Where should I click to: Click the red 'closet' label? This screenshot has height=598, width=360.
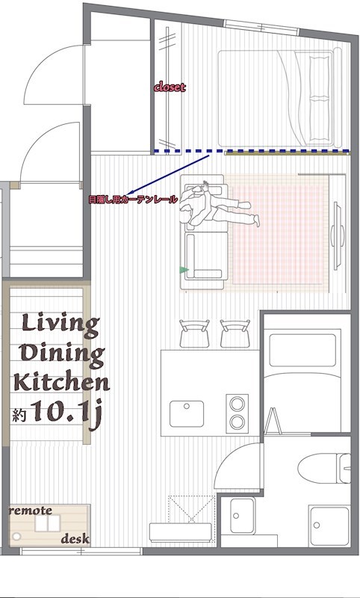click(170, 87)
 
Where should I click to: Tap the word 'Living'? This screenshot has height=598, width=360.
click(60, 325)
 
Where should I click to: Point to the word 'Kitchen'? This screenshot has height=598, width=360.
click(62, 383)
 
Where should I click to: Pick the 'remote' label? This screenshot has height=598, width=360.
click(31, 511)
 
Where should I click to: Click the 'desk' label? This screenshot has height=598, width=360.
click(75, 538)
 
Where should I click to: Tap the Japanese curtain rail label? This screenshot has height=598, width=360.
click(132, 200)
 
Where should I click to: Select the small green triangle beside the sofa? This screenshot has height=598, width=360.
click(184, 269)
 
